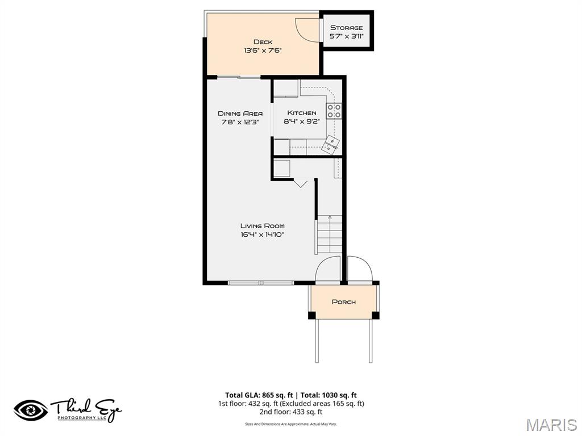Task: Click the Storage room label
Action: coord(346,27)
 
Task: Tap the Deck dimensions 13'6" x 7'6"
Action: coord(263,51)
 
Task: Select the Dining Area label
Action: coord(240,113)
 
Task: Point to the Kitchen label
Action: coord(301,113)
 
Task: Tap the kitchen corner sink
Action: coord(330,144)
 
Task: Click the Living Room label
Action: coord(262,225)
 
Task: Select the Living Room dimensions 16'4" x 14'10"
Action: coord(262,234)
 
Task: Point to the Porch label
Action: coord(343,301)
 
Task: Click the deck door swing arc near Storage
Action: coord(307,28)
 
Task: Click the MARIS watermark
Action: coord(551,424)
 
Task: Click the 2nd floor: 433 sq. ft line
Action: coord(291,412)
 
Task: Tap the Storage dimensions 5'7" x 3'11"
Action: coord(346,36)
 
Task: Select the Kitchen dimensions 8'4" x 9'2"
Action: coord(301,121)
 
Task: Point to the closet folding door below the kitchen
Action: coord(301,182)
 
